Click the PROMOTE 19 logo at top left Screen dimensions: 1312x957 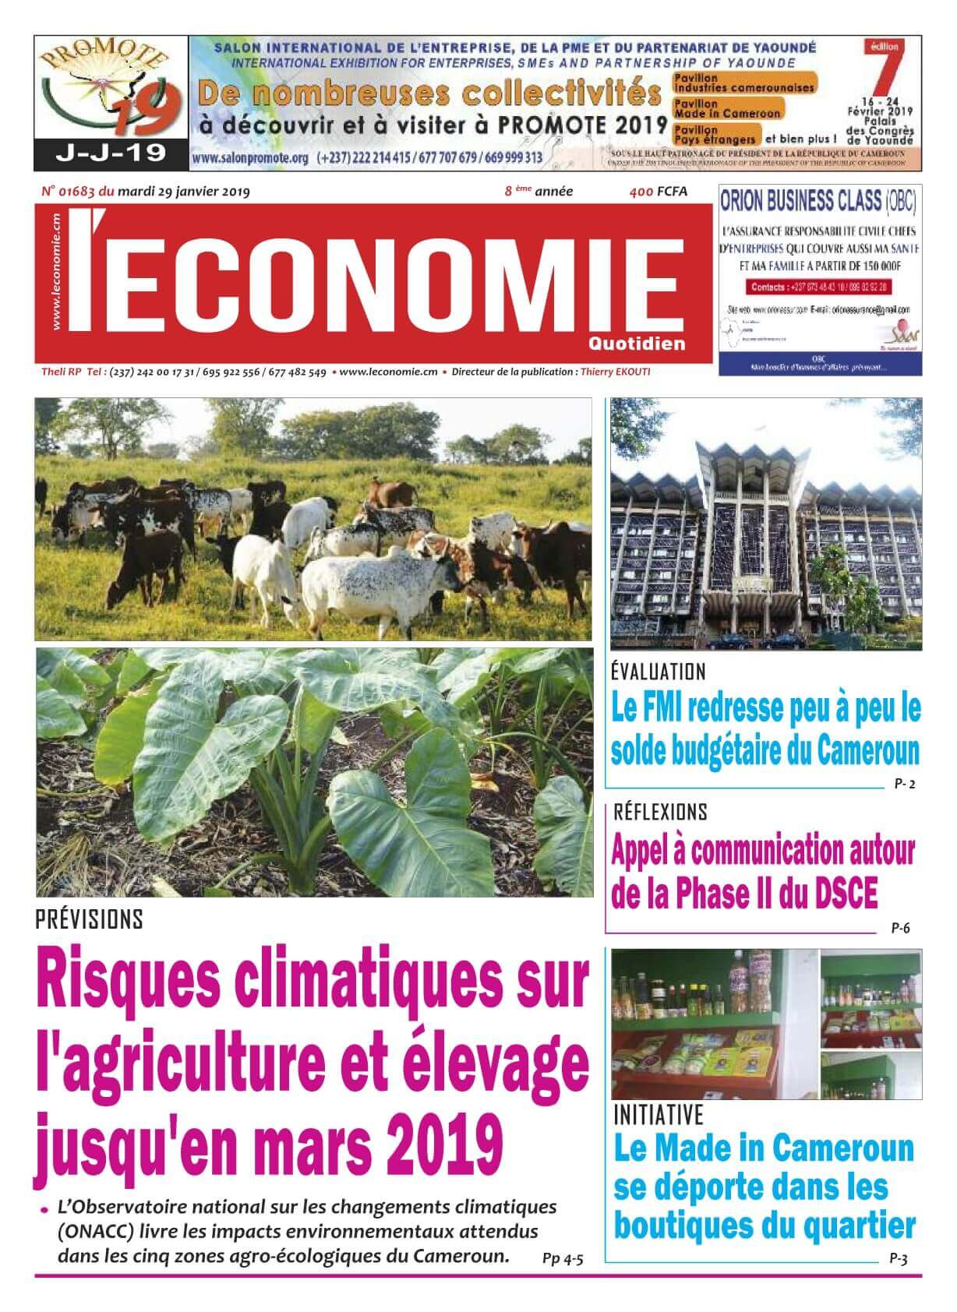(x=111, y=88)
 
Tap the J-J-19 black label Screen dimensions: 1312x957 (x=111, y=153)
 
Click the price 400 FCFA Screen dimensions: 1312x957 (x=659, y=192)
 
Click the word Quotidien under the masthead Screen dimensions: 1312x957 (x=648, y=343)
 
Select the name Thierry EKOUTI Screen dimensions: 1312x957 (x=615, y=372)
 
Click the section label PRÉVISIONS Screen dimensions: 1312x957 (x=90, y=920)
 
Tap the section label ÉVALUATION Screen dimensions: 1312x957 (x=659, y=672)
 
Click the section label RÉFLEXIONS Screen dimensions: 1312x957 (x=660, y=812)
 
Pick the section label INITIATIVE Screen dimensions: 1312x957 (x=659, y=1114)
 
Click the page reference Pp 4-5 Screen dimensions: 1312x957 (x=563, y=1258)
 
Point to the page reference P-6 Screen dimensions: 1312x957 (x=900, y=928)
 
